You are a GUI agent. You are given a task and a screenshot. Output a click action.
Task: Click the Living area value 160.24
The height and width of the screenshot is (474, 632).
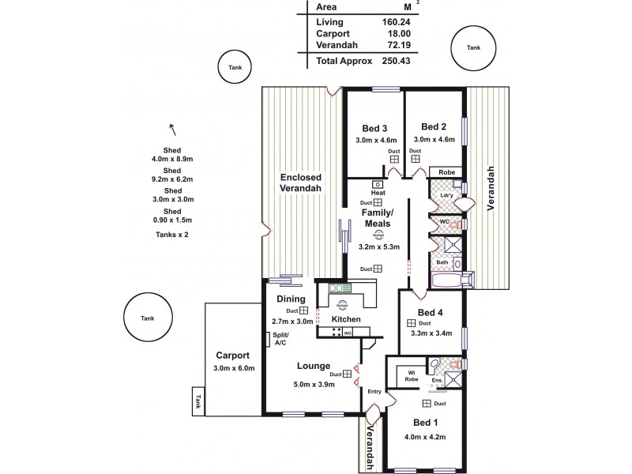397,23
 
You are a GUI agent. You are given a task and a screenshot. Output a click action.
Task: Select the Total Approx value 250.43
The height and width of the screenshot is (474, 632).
397,61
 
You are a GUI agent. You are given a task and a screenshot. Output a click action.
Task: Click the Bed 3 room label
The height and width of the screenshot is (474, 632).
374,129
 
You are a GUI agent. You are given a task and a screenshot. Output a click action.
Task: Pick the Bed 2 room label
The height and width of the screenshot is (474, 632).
434,126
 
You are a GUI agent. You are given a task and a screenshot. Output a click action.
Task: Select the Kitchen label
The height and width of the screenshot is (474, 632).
346,319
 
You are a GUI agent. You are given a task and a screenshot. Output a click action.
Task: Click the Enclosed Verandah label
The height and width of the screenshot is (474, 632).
300,184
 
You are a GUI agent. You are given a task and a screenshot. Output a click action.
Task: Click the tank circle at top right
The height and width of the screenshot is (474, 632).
472,49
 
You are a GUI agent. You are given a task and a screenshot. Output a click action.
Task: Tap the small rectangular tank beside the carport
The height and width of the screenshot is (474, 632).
198,401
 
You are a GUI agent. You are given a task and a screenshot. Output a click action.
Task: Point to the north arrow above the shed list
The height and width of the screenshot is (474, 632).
171,130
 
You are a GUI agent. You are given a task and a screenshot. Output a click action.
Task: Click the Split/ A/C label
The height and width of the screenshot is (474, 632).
280,339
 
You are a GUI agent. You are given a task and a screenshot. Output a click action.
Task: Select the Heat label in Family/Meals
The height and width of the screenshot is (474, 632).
378,193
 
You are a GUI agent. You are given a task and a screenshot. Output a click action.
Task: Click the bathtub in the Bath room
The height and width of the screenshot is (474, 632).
450,280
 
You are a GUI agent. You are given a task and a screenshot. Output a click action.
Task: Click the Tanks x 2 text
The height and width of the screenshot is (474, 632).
171,235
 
